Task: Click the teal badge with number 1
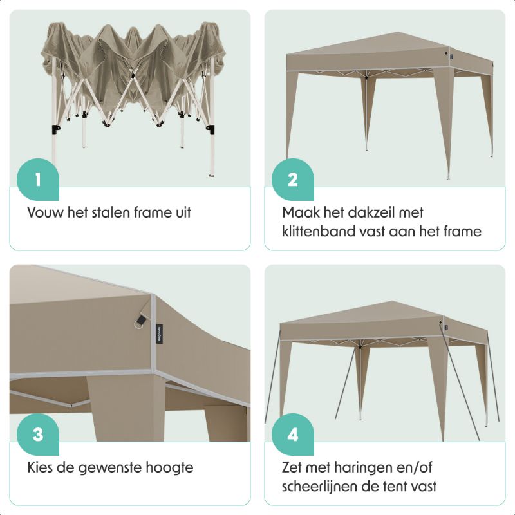(37, 179)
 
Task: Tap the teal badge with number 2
(292, 179)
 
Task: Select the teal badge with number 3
(37, 434)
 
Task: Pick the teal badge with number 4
(292, 434)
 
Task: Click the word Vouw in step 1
(45, 212)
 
